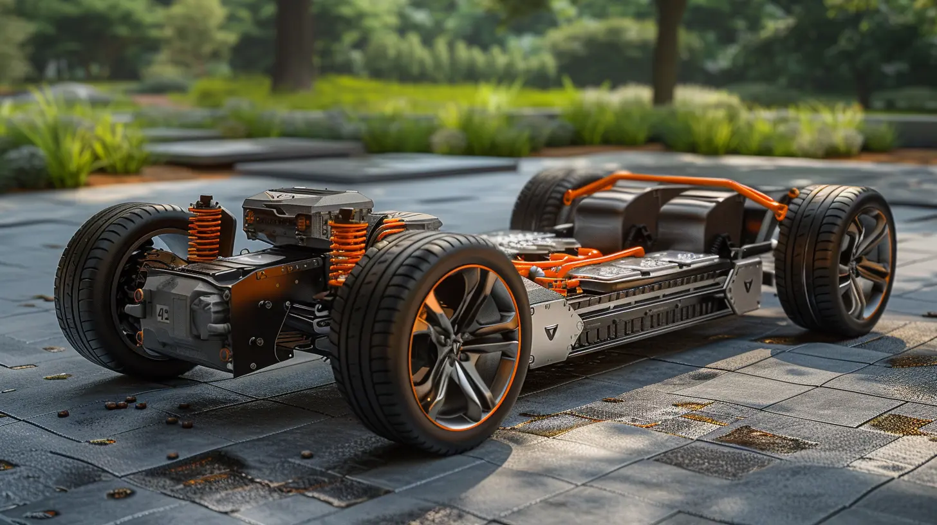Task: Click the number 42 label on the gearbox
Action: [163, 313]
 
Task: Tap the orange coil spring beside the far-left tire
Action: [204, 234]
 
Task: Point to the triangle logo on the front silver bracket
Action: [551, 332]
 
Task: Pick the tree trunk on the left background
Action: [293, 45]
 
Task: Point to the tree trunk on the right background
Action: [668, 51]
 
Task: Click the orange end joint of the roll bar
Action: [781, 210]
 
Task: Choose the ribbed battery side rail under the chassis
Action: [650, 309]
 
